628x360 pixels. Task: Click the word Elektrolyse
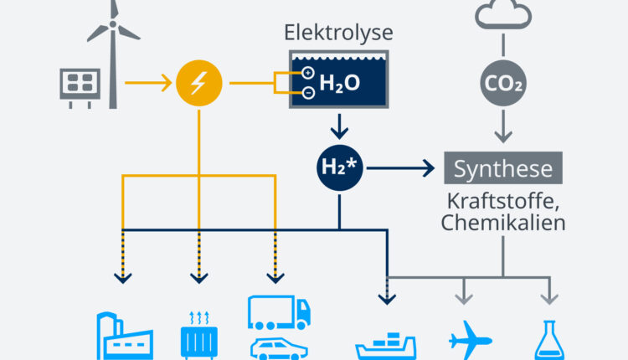[338, 33]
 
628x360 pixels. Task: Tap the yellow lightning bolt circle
[199, 83]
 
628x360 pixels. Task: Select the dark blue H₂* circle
[340, 167]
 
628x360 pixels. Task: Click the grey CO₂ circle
[503, 83]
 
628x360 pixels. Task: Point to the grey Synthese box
[503, 167]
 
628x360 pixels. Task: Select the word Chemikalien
[503, 223]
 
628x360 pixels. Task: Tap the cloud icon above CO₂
[503, 15]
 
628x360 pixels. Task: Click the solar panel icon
[80, 88]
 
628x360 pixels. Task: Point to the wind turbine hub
[113, 24]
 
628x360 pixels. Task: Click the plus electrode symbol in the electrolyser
[307, 73]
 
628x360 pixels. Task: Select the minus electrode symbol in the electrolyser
[308, 93]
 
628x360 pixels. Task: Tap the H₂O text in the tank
[340, 83]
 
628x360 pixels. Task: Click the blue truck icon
[279, 312]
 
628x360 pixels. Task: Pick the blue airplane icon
[471, 340]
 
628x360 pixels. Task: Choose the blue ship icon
[386, 346]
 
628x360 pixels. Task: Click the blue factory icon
[125, 336]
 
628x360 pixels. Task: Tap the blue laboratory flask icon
[549, 340]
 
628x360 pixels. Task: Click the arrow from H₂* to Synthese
[400, 168]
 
